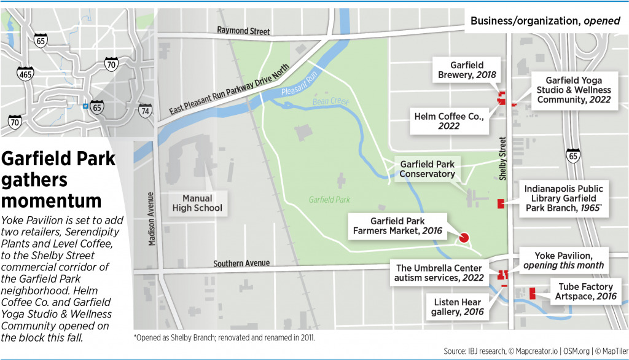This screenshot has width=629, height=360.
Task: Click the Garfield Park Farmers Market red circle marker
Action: click(x=464, y=237)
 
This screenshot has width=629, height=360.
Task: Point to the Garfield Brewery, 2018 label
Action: click(x=467, y=70)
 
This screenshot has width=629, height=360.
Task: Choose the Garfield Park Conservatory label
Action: click(x=428, y=169)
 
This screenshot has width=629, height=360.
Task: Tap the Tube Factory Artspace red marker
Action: click(x=532, y=294)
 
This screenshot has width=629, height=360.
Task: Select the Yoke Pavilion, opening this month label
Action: click(x=563, y=260)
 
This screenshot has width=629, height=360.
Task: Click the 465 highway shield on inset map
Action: click(x=25, y=73)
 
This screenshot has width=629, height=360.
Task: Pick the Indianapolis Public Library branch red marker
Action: click(x=500, y=203)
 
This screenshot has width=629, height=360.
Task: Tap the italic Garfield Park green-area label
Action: click(x=329, y=200)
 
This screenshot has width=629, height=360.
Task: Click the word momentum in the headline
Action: click(x=52, y=200)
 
